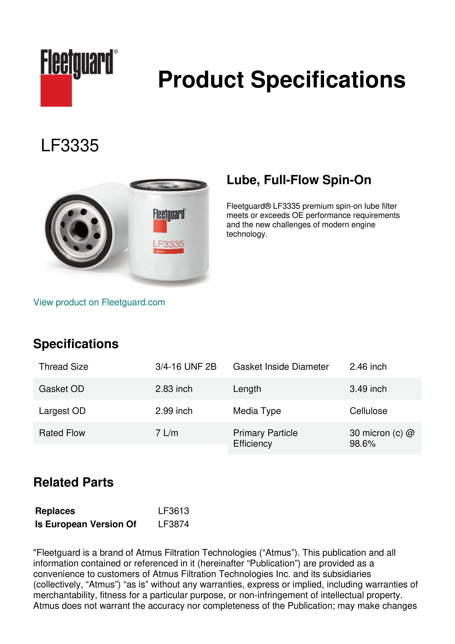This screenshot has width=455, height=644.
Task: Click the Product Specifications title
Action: [281, 80]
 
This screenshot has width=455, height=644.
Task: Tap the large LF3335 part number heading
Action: [70, 146]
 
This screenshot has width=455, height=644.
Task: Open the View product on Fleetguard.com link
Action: [99, 302]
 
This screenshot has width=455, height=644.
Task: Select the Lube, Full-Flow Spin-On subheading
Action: [299, 180]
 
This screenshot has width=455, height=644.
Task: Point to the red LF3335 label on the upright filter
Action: [168, 244]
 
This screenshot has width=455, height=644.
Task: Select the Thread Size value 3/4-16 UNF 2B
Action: [186, 367]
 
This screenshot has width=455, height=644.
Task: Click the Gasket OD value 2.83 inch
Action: [174, 389]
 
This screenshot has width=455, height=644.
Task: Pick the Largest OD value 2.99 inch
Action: [174, 411]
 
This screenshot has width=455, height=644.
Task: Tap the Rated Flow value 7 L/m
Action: [167, 433]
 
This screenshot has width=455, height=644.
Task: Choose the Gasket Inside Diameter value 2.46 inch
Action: [368, 367]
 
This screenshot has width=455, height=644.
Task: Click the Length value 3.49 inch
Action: [368, 389]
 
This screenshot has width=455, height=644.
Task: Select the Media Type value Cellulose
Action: [368, 411]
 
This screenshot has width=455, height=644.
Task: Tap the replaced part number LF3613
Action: [173, 511]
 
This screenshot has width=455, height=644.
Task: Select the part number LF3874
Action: [173, 524]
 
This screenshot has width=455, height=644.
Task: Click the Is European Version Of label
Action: [85, 524]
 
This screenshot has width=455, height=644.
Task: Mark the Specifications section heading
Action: [76, 344]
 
